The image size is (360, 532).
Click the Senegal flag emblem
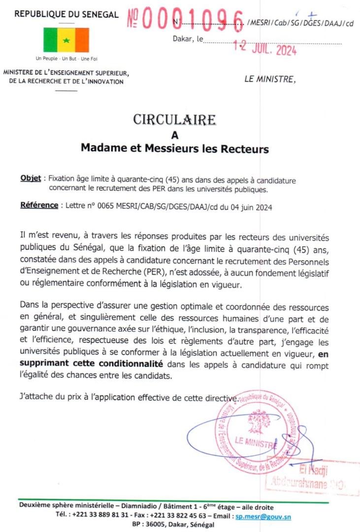pyautogui.click(x=66, y=40)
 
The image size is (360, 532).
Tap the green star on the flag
pyautogui.click(x=66, y=40)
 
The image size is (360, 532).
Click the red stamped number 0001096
pyautogui.click(x=192, y=19)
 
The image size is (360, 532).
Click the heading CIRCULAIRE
pyautogui.click(x=174, y=120)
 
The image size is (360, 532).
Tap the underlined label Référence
pyautogui.click(x=39, y=205)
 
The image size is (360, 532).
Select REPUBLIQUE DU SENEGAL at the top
pyautogui.click(x=66, y=14)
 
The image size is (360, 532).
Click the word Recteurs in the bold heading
pyautogui.click(x=243, y=148)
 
